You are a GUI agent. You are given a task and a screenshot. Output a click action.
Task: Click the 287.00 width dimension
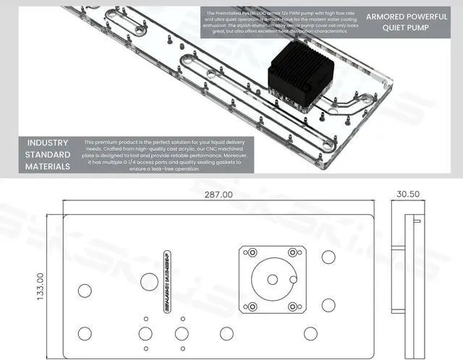(218, 195)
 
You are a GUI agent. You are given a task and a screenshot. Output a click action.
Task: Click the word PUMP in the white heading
(420, 29)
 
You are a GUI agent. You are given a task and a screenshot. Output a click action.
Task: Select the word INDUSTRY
(48, 142)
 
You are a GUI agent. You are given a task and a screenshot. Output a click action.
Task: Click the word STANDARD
(48, 155)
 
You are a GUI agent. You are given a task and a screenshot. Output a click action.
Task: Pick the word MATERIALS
(48, 166)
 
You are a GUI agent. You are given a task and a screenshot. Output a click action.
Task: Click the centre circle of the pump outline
(272, 280)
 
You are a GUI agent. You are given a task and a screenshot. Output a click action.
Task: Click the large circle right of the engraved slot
(150, 281)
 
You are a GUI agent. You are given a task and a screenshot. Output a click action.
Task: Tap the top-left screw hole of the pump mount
(250, 253)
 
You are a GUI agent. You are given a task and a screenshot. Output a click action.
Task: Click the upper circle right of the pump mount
(328, 257)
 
